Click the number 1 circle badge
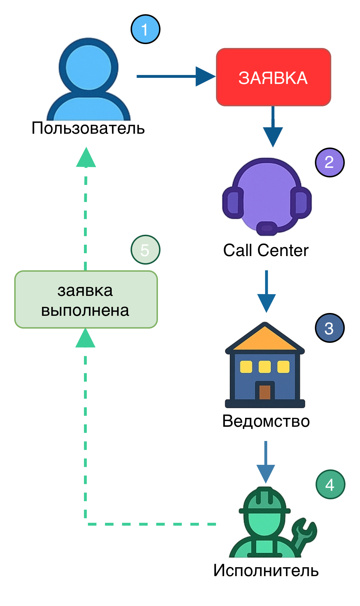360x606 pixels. [145, 29]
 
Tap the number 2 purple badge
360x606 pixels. [329, 163]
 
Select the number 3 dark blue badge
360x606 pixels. [329, 328]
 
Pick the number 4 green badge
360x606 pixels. [330, 484]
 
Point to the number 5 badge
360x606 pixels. [145, 250]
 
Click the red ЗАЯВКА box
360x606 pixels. [273, 77]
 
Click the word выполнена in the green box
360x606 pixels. [85, 310]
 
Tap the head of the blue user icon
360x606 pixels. [89, 68]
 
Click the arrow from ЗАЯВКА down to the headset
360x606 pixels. [273, 128]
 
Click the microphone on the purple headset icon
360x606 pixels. [267, 228]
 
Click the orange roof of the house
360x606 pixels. [265, 339]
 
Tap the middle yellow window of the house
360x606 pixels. [265, 367]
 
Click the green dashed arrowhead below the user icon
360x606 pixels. [86, 158]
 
